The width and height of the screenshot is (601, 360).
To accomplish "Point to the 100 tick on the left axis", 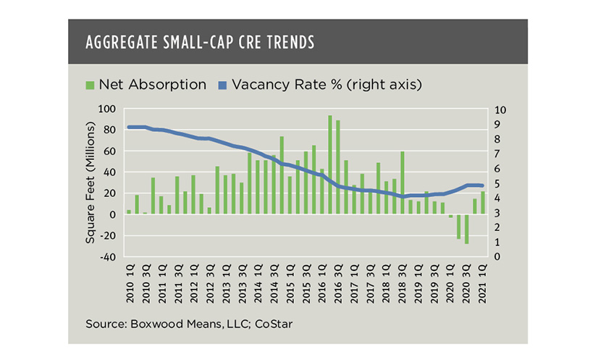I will pyautogui.click(x=106, y=109).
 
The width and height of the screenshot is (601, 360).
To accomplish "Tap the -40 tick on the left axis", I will pyautogui.click(x=106, y=257).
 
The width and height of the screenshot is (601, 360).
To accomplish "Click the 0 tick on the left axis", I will pyautogui.click(x=112, y=215).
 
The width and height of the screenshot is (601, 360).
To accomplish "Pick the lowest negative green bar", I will pyautogui.click(x=467, y=229).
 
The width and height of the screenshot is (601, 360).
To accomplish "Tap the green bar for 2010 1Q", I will pyautogui.click(x=129, y=212).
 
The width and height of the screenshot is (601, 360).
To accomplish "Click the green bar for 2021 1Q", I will pyautogui.click(x=483, y=203).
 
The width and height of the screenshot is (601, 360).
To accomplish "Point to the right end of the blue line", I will pyautogui.click(x=483, y=185).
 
